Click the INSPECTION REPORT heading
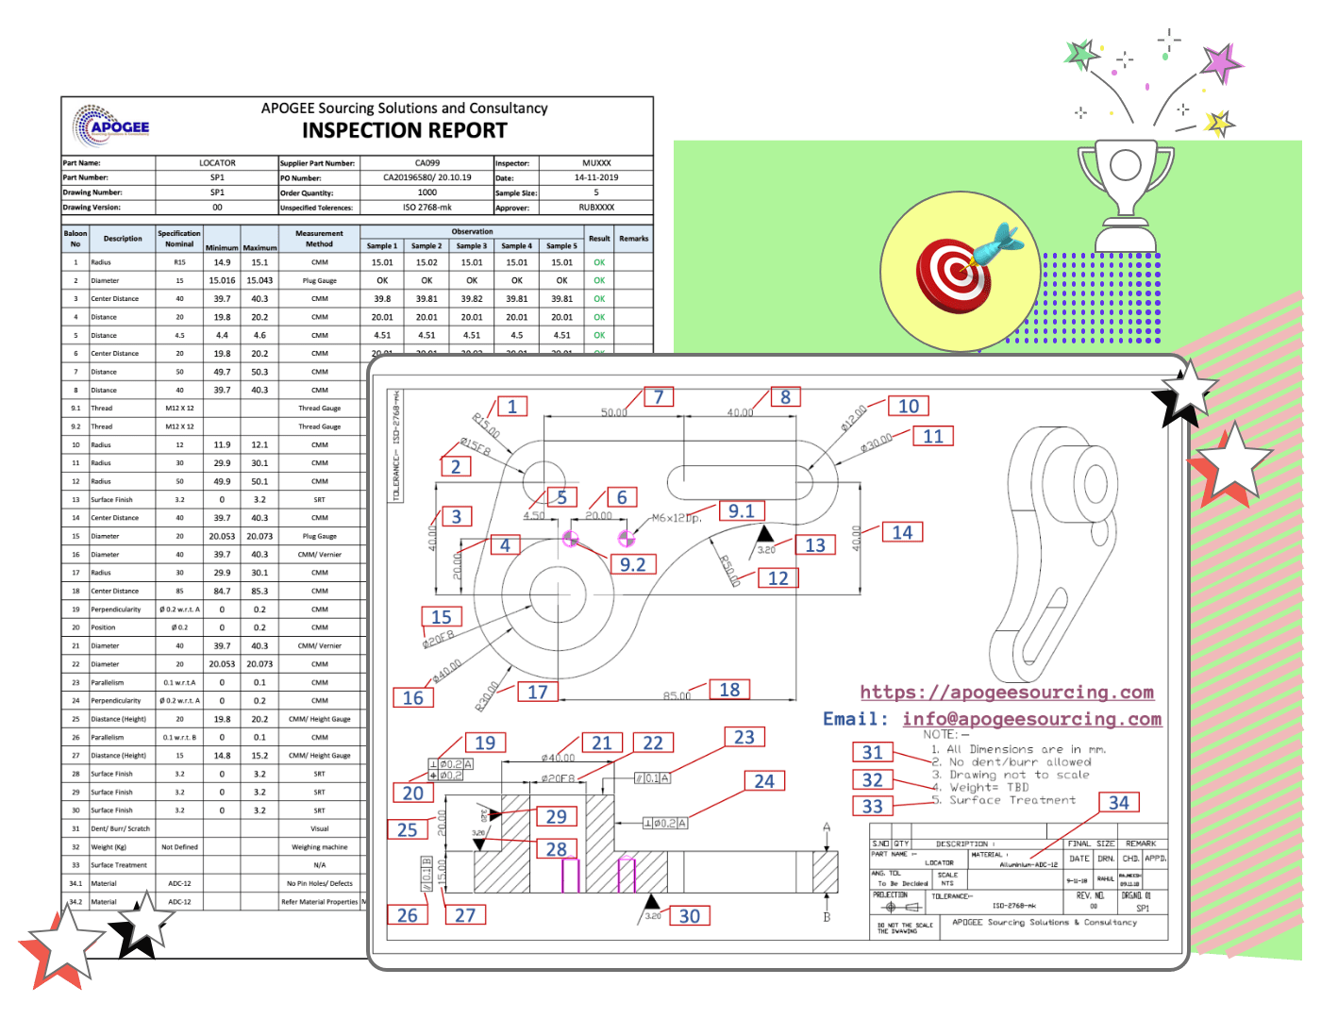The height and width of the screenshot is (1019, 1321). coord(404,131)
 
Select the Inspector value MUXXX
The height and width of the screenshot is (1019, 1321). coord(596,163)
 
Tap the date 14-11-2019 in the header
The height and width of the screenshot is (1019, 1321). coord(596,177)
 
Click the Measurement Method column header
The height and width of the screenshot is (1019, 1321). coord(319,239)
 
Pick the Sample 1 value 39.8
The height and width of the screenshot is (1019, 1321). coord(382,299)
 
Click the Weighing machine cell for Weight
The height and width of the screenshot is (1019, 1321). coord(319,847)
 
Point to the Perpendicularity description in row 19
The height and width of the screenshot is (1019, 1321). coord(116,610)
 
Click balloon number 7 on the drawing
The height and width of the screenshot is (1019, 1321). coord(659,397)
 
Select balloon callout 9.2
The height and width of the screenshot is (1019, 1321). coord(632,564)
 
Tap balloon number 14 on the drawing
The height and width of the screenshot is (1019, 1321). coord(902,532)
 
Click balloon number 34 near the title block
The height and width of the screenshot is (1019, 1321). coord(1118,802)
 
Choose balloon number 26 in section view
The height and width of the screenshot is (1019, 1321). coord(407,915)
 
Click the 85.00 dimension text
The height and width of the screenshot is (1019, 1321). coord(677,696)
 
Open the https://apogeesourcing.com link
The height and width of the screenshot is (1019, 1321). coord(1007,693)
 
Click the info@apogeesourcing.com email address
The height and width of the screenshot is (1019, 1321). coord(1031,719)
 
